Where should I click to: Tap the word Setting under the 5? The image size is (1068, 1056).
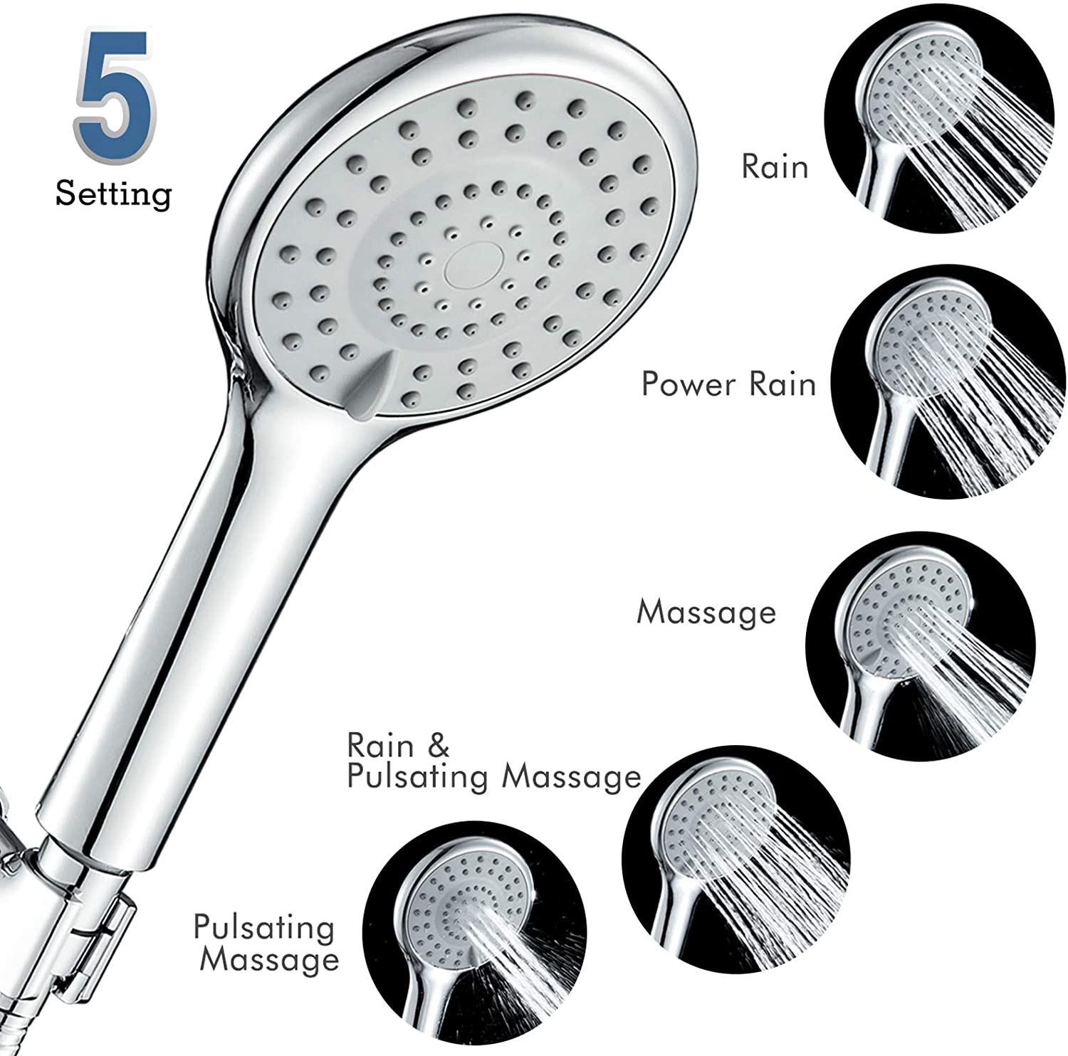pyautogui.click(x=114, y=194)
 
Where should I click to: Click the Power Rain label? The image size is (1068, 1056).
pyautogui.click(x=728, y=384)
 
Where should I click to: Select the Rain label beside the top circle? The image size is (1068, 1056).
pyautogui.click(x=775, y=167)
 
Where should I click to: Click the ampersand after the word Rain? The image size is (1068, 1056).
pyautogui.click(x=438, y=745)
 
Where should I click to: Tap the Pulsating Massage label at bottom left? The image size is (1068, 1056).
pyautogui.click(x=266, y=944)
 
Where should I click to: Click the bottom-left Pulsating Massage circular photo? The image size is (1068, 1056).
pyautogui.click(x=475, y=944)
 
